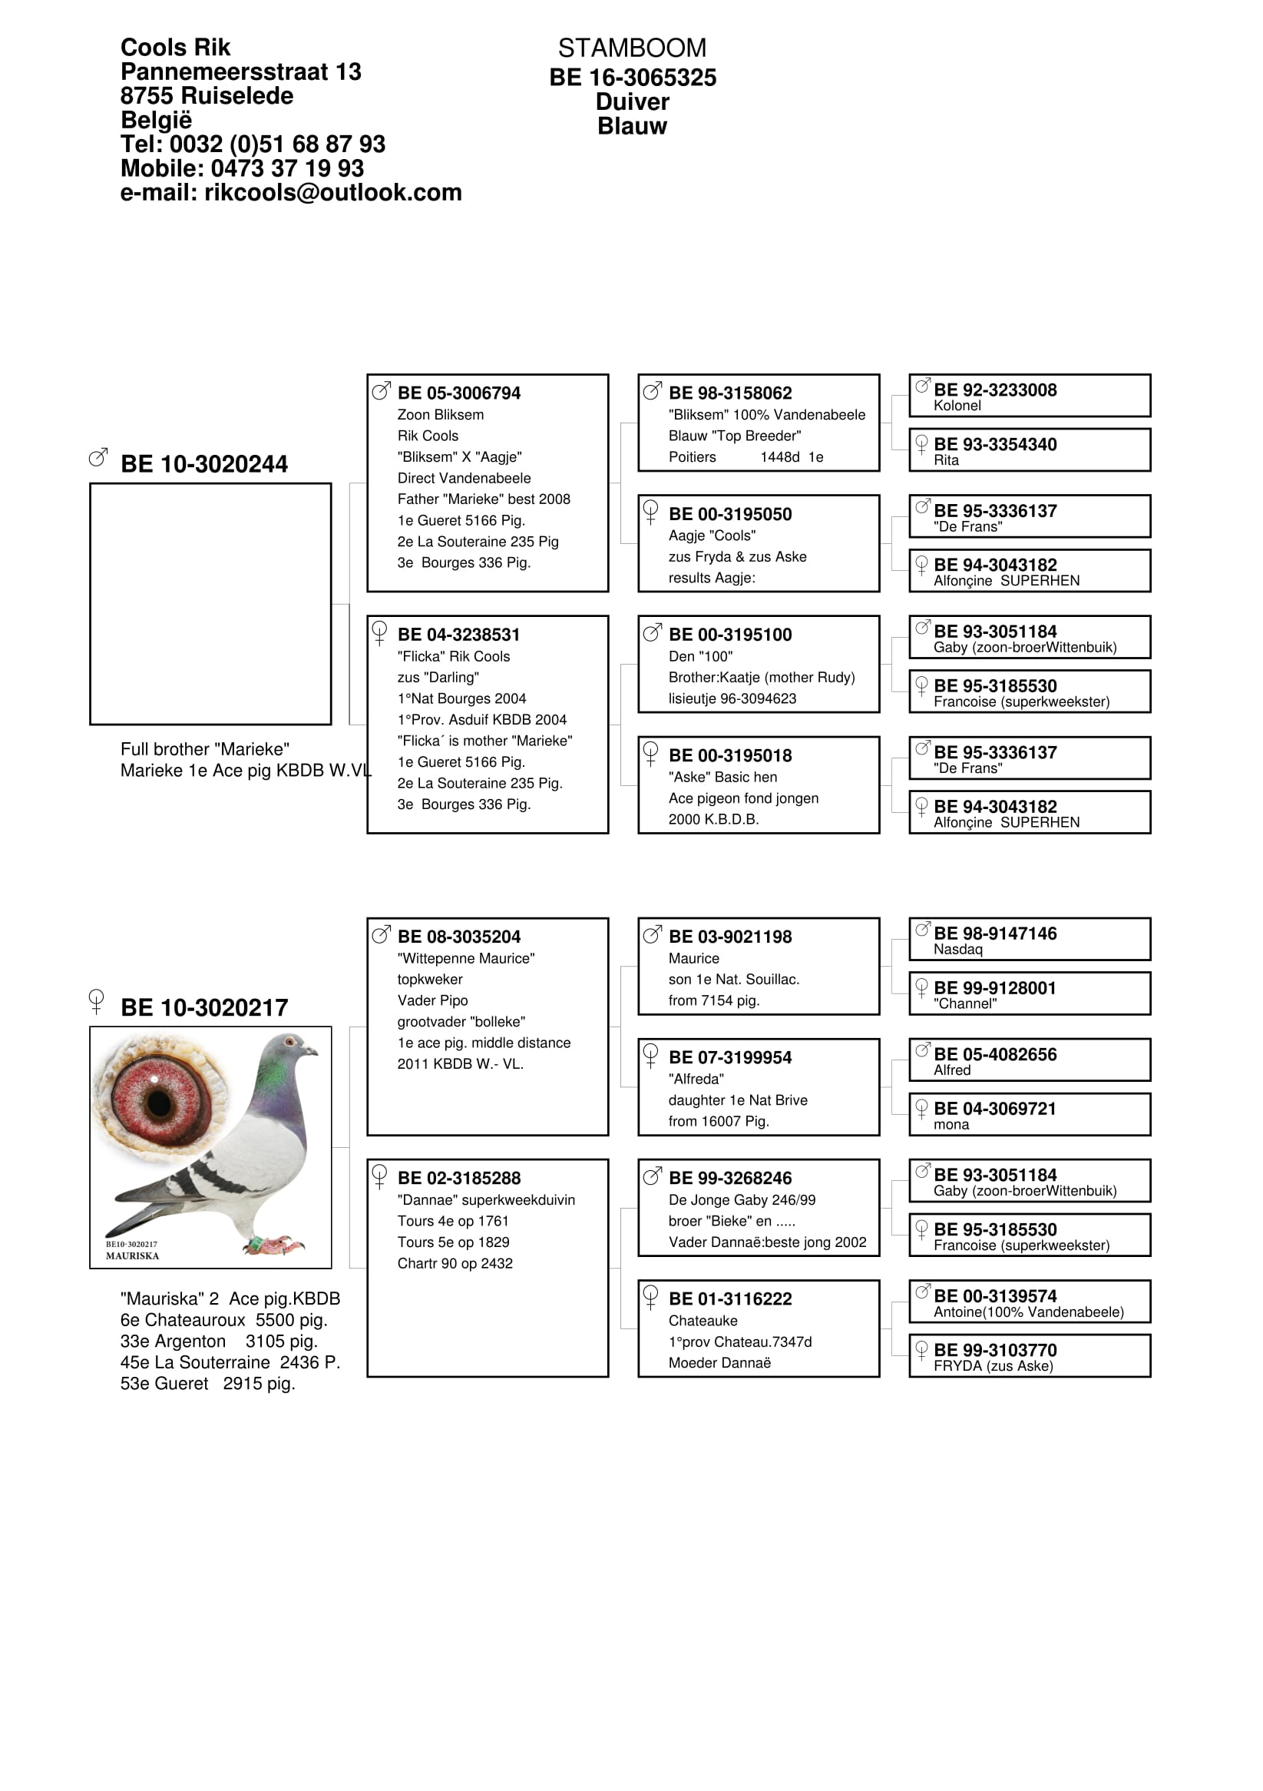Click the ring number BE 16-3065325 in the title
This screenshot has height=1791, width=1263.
(x=633, y=78)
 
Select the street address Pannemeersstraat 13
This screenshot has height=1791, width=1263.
(x=240, y=71)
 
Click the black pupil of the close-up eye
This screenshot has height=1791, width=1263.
(x=160, y=1103)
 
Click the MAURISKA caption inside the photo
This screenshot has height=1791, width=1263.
(x=133, y=1256)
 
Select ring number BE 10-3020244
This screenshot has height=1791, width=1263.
(x=204, y=464)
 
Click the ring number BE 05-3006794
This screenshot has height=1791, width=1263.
(x=458, y=393)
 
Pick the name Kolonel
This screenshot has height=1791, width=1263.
(x=957, y=406)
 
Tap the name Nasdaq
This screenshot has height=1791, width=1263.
(x=958, y=950)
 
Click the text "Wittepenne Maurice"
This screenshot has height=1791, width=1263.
(x=465, y=958)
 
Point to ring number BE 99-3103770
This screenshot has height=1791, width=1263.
(x=995, y=1350)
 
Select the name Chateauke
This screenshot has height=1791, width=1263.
(x=703, y=1321)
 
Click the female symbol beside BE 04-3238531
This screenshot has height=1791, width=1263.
(x=380, y=632)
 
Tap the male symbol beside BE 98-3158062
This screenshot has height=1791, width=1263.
(x=652, y=391)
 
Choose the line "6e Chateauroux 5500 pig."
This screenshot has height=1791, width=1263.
(x=223, y=1320)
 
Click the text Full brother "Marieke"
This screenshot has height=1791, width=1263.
(x=204, y=749)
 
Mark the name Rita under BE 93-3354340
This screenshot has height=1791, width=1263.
(x=947, y=460)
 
